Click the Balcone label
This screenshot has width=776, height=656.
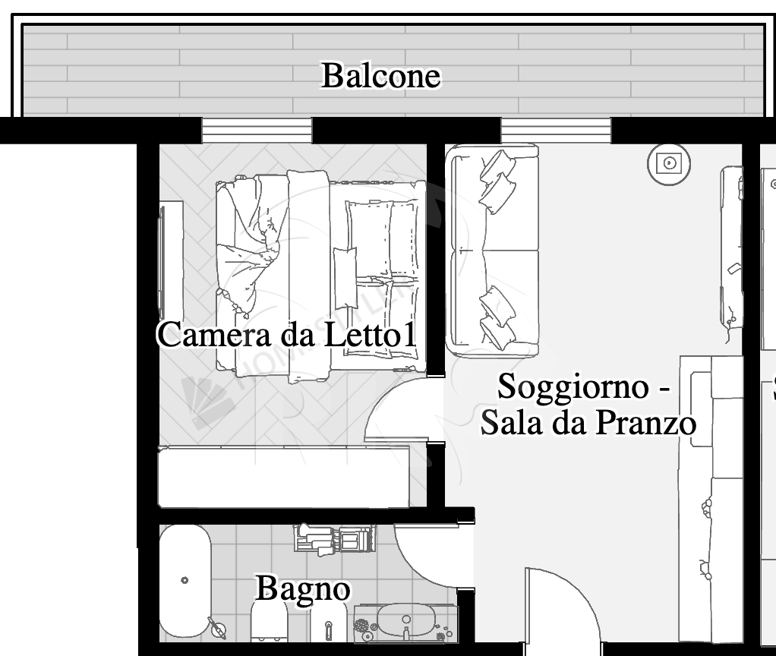click(x=380, y=76)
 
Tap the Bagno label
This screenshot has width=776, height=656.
click(x=302, y=588)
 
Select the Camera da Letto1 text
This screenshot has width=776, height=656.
click(x=287, y=335)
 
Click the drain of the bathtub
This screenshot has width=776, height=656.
click(x=185, y=580)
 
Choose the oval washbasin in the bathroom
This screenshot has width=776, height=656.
click(x=406, y=621)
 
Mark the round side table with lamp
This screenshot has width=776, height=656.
click(x=669, y=162)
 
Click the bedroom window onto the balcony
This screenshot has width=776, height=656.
click(x=257, y=131)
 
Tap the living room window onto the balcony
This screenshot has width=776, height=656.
click(x=556, y=131)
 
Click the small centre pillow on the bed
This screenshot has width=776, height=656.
click(x=345, y=267)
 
